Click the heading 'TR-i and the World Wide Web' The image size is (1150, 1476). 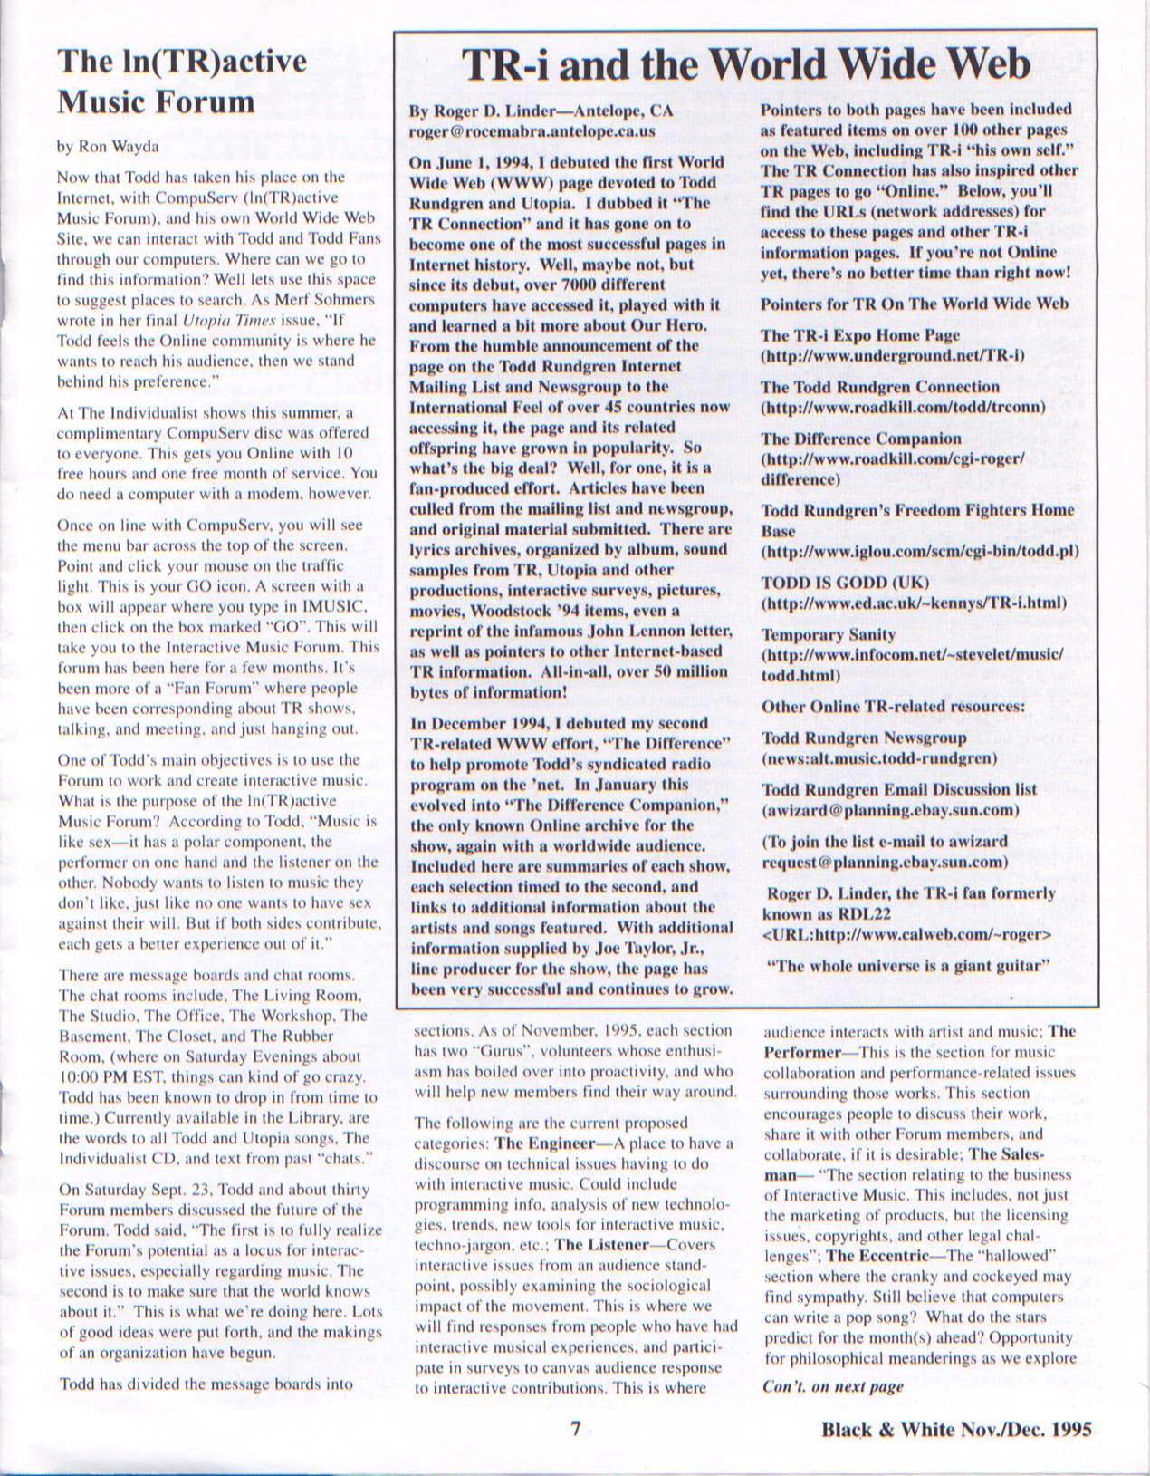click(x=745, y=65)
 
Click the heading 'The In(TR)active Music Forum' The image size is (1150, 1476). click(x=181, y=82)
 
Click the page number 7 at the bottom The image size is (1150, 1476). click(x=574, y=1428)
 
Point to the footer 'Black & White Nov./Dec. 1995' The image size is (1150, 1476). click(x=956, y=1429)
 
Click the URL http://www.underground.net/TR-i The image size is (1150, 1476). click(x=893, y=355)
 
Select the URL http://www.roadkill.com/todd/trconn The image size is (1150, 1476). click(x=904, y=407)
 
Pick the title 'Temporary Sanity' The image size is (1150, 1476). click(x=829, y=634)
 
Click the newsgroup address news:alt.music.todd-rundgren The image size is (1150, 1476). click(x=879, y=757)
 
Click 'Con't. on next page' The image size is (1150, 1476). click(x=833, y=1386)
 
